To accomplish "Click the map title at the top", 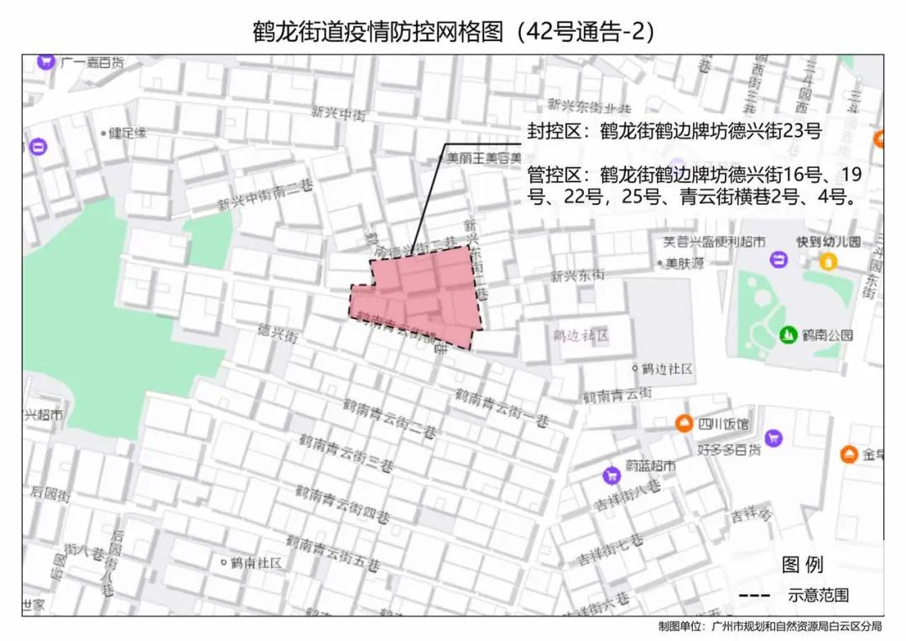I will pos(453,31).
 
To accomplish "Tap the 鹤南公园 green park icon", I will pos(788,335).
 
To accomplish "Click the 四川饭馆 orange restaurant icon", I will pos(685,424).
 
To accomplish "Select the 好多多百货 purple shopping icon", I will pos(773,437).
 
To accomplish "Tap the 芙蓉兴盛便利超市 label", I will pos(714,242).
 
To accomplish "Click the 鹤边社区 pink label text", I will pos(580,335).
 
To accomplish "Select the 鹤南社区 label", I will pos(256,561).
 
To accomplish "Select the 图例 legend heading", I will pos(802,564).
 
